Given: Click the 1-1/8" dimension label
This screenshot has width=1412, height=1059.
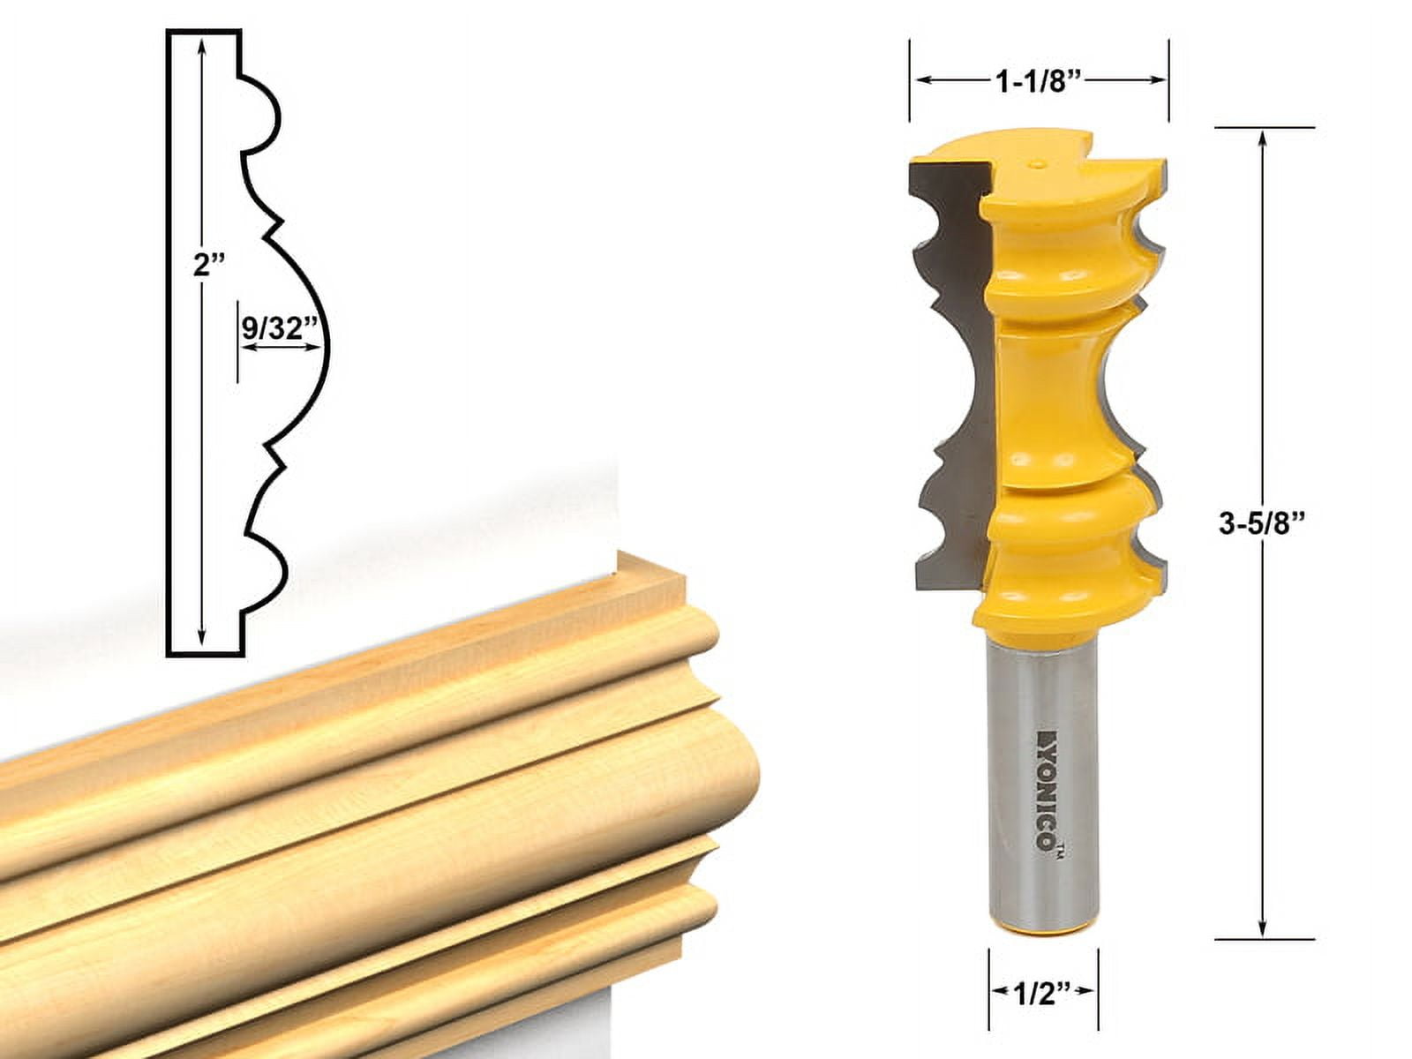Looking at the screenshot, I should coord(1039,81).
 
